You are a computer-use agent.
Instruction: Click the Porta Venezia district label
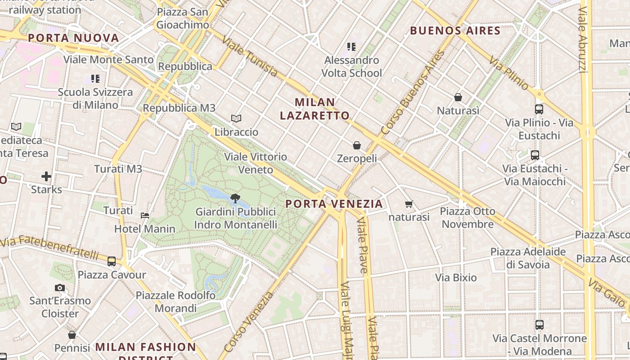[334, 204]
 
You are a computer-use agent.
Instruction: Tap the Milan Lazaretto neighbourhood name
[315, 109]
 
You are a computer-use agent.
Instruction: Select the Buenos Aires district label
[455, 31]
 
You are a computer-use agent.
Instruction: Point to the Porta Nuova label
[73, 38]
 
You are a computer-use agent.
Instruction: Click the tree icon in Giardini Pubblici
[235, 198]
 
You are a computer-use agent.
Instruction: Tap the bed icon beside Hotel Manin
[145, 216]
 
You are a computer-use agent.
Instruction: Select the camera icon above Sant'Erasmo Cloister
[60, 288]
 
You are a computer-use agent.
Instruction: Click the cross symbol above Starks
[46, 176]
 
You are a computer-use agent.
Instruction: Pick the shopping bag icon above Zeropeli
[357, 145]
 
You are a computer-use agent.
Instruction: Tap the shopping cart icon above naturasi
[409, 204]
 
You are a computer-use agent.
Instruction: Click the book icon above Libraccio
[236, 118]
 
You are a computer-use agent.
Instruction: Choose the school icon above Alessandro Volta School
[351, 46]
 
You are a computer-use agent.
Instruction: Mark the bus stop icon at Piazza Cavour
[112, 261]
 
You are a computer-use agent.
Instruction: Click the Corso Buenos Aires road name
[412, 92]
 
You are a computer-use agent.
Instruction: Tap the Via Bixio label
[456, 278]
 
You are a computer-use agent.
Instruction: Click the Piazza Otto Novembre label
[468, 218]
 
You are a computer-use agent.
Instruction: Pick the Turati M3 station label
[118, 169]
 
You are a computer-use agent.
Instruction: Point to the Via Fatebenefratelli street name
[49, 247]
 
